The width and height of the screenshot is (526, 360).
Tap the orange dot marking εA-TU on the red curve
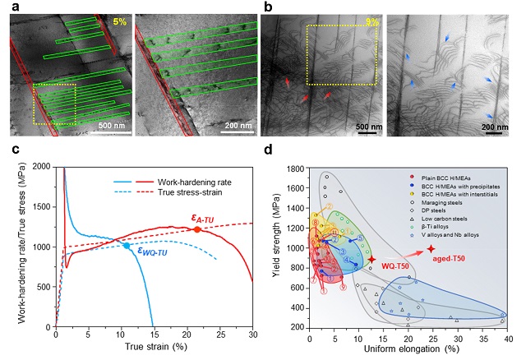(198, 229)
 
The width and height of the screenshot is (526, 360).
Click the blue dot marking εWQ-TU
(126, 246)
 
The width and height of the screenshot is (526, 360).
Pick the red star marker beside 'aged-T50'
(431, 248)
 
